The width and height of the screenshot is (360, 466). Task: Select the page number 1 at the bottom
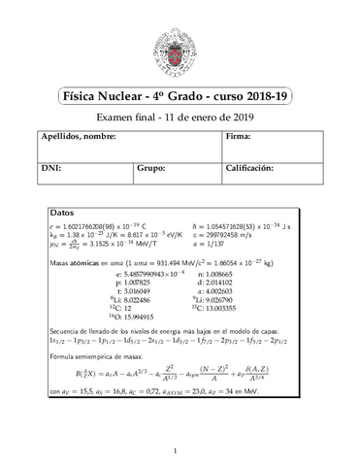(180, 450)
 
